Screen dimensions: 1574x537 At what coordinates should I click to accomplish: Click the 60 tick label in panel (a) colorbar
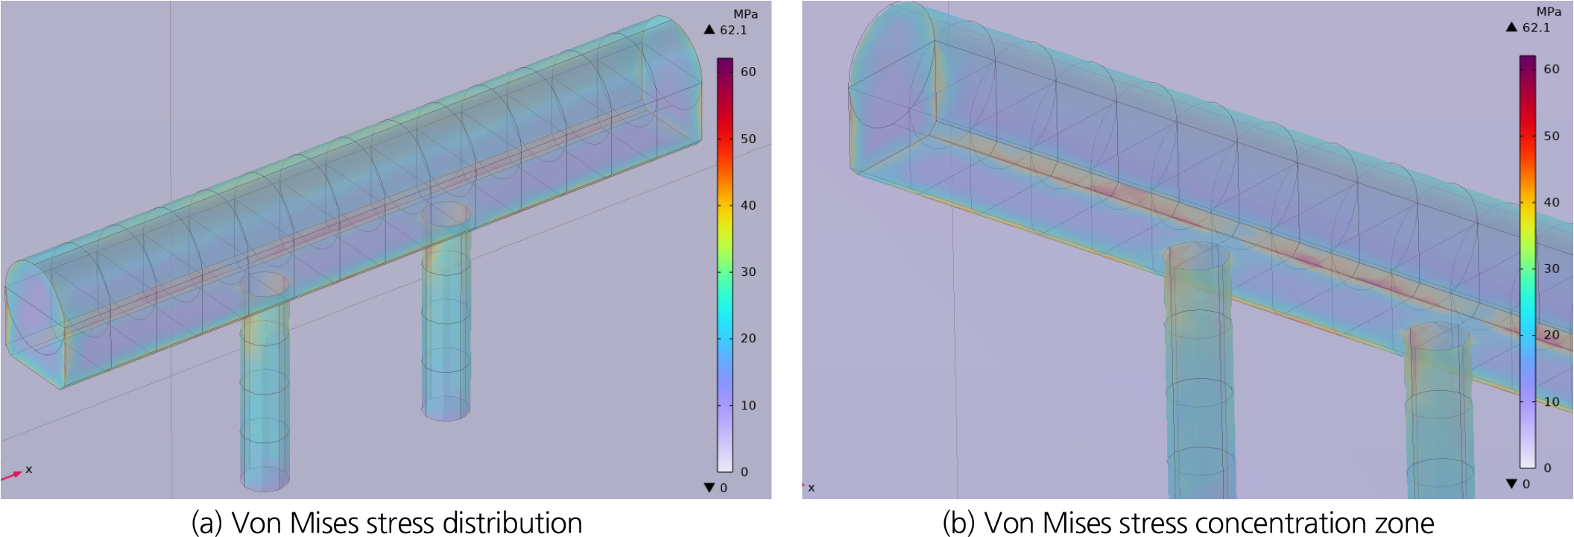[748, 72]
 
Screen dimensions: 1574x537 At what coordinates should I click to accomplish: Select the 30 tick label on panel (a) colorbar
[748, 272]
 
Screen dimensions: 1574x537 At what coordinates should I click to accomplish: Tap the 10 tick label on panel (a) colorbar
[748, 406]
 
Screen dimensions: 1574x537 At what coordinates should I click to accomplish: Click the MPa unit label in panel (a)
[745, 14]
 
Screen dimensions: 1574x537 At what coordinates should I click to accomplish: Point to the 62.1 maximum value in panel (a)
[733, 31]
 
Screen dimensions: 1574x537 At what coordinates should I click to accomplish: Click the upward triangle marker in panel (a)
[709, 30]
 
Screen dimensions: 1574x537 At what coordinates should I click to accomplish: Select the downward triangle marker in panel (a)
[709, 488]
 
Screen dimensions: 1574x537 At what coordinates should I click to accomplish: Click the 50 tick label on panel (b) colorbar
[1552, 136]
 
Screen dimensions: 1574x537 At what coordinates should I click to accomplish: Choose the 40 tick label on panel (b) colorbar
[1552, 202]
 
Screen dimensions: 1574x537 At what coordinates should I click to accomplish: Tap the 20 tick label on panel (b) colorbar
[1552, 335]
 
